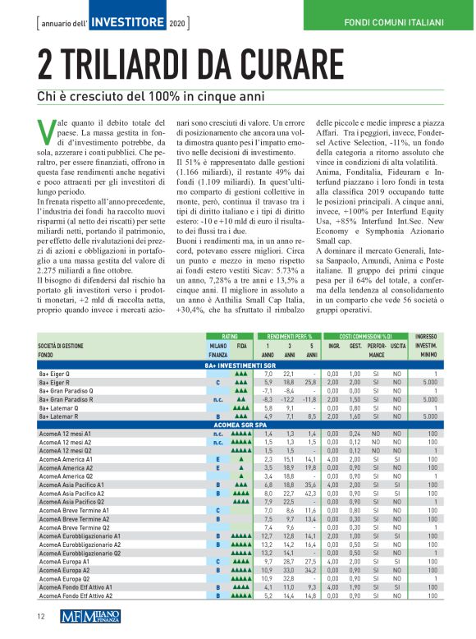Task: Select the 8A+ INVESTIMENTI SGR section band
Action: (238, 364)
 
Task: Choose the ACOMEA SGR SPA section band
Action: (238, 425)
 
